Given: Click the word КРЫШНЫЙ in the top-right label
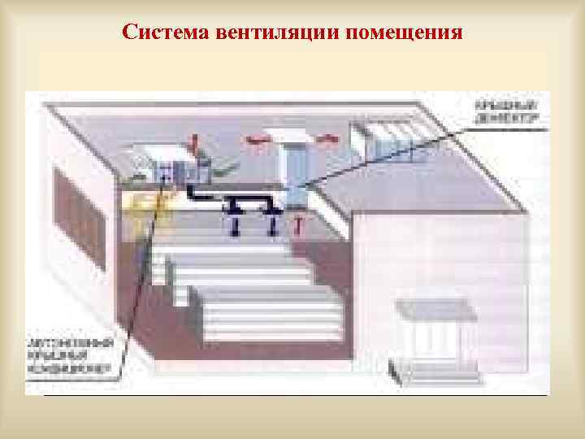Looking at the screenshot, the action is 509,106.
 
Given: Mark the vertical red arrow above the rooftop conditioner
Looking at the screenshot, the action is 193,145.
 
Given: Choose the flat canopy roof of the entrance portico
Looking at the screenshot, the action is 433,307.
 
